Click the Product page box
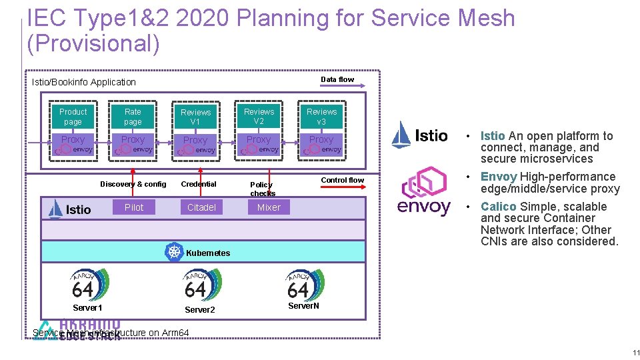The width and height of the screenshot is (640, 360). (x=73, y=117)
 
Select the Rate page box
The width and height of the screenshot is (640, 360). (x=133, y=117)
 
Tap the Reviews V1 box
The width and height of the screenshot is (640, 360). (x=195, y=117)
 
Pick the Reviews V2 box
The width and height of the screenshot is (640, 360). (x=259, y=117)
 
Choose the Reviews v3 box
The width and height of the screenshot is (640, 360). (x=321, y=117)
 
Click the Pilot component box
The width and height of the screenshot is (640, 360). (x=134, y=207)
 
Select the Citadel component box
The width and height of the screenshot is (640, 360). (x=201, y=207)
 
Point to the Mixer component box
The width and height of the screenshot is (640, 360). (x=269, y=207)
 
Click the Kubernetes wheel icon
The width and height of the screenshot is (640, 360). (x=175, y=252)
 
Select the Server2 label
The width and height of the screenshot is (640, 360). (x=200, y=310)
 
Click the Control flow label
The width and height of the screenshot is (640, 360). (x=343, y=180)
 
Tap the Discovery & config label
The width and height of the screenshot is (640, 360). (x=133, y=184)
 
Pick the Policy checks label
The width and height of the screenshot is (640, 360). (x=262, y=189)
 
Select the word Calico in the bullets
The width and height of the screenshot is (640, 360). (x=498, y=207)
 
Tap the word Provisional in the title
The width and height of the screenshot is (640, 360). (x=93, y=44)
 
